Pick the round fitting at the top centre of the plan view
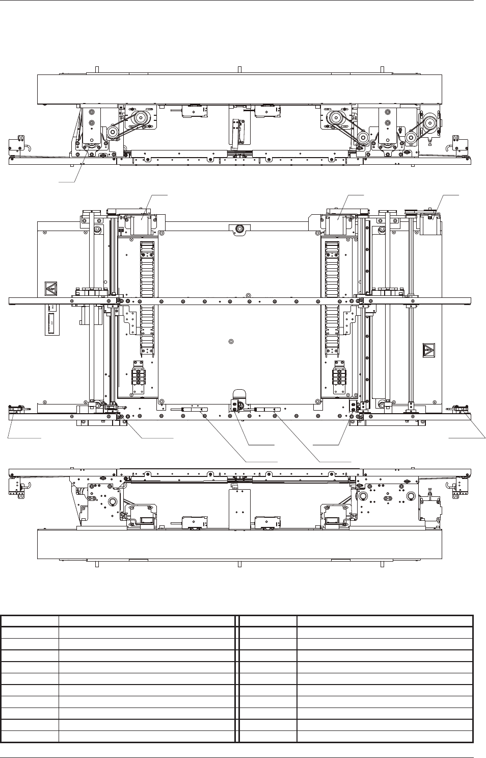point(237,230)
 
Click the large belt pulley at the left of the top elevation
point(137,119)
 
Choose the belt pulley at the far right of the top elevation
point(428,123)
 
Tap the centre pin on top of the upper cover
point(239,70)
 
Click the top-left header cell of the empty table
point(30,621)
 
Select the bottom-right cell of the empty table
point(385,736)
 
